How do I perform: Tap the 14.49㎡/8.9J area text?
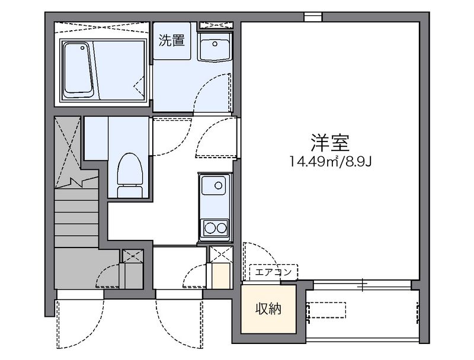pyautogui.click(x=331, y=161)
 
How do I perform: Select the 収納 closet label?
pyautogui.click(x=268, y=308)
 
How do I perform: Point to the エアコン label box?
pyautogui.click(x=273, y=272)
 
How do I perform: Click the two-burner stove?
pyautogui.click(x=214, y=227)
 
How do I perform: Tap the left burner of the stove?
pyautogui.click(x=209, y=227)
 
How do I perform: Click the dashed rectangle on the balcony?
pyautogui.click(x=326, y=310)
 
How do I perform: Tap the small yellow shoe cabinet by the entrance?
pyautogui.click(x=220, y=276)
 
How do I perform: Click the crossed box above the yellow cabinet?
pyautogui.click(x=220, y=255)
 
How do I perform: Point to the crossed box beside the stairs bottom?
pyautogui.click(x=132, y=255)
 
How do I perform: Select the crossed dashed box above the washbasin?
pyautogui.click(x=214, y=25)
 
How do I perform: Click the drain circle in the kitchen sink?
pyautogui.click(x=219, y=185)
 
